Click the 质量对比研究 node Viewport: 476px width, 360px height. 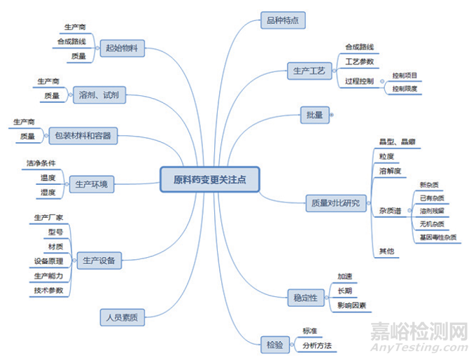coord(336,204)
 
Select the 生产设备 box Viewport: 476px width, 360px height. coord(99,261)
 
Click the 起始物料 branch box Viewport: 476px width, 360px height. coord(122,48)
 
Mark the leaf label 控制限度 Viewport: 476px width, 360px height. coord(405,89)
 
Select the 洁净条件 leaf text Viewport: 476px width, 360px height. coord(41,163)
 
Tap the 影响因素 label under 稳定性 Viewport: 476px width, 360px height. coord(353,306)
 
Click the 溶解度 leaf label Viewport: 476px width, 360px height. coord(390,171)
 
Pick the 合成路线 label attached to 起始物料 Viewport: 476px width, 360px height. coord(71,41)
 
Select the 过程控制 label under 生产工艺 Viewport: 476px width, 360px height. coord(359,81)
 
